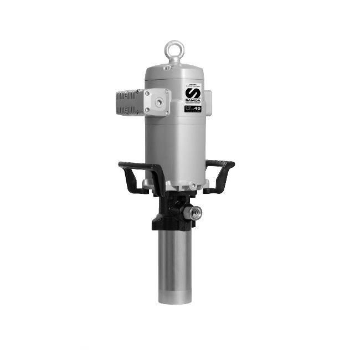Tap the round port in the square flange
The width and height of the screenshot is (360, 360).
click(x=159, y=101)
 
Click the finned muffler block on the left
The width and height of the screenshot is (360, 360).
click(x=129, y=102)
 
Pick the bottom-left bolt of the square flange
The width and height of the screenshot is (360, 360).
click(x=147, y=110)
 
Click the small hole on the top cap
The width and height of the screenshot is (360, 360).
click(x=166, y=68)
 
